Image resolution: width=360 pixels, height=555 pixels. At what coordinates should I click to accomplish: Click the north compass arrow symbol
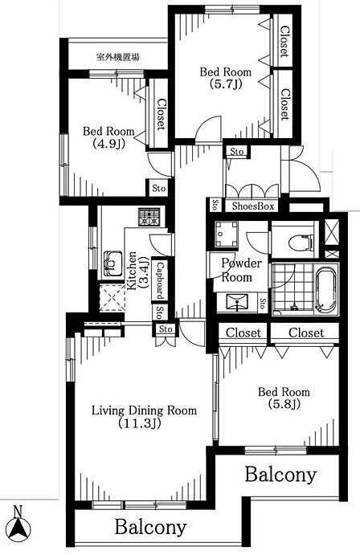point(19,528)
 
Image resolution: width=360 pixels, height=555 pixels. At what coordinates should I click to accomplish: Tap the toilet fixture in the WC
point(301,243)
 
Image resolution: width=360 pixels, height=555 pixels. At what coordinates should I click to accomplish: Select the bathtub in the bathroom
point(326,289)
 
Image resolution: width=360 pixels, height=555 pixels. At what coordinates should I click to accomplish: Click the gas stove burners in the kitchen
point(149,217)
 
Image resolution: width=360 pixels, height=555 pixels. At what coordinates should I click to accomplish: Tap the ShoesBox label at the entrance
point(253,206)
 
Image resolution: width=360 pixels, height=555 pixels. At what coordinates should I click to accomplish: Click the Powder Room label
point(241,270)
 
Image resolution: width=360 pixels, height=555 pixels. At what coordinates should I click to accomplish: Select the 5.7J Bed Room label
point(226,78)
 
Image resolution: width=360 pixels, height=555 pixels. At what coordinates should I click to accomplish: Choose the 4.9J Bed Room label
point(108,137)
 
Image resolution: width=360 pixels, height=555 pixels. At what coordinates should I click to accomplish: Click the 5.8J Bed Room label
point(284,398)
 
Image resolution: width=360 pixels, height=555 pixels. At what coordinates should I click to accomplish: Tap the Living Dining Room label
point(144,417)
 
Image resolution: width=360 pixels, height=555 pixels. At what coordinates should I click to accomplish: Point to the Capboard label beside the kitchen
point(160,280)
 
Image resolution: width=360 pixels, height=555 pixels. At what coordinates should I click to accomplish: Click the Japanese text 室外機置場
point(118,57)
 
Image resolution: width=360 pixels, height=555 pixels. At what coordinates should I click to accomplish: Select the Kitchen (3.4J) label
point(137,271)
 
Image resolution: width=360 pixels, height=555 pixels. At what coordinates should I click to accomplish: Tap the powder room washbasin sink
point(237,302)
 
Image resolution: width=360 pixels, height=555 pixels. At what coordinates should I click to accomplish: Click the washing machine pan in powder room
point(227,234)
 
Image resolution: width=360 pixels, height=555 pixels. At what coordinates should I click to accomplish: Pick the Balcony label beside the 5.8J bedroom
point(280,475)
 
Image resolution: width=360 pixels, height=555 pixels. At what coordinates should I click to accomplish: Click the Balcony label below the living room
point(150,528)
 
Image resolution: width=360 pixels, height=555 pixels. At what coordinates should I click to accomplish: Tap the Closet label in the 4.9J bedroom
point(162,114)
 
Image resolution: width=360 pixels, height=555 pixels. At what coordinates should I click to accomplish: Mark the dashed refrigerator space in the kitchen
point(112,297)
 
